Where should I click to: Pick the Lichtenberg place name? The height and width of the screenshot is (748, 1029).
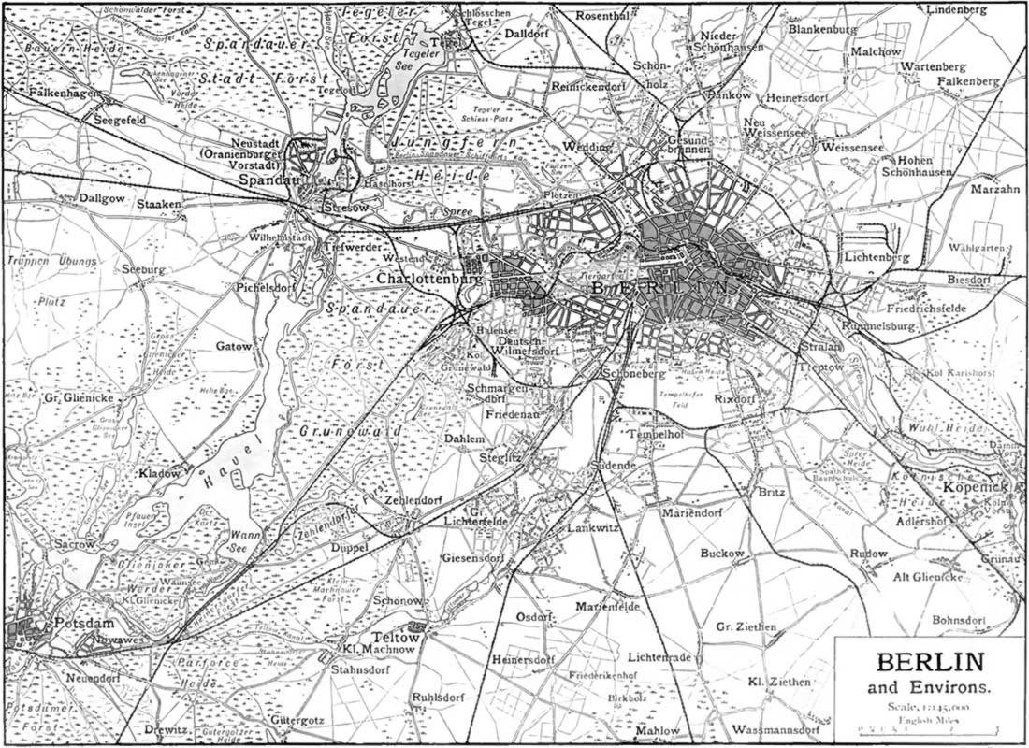876,256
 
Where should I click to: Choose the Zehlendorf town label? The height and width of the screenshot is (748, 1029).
413,500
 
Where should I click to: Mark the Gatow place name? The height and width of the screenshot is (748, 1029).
234,346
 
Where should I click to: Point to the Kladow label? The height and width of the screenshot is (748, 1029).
159,473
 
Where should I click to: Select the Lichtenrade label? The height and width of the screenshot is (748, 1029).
659,657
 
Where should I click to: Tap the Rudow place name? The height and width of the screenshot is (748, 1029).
868,554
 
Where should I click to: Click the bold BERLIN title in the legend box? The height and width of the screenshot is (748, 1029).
930,665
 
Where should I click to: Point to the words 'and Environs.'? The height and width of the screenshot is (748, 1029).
930,690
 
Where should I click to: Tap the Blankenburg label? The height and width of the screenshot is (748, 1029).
823,30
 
